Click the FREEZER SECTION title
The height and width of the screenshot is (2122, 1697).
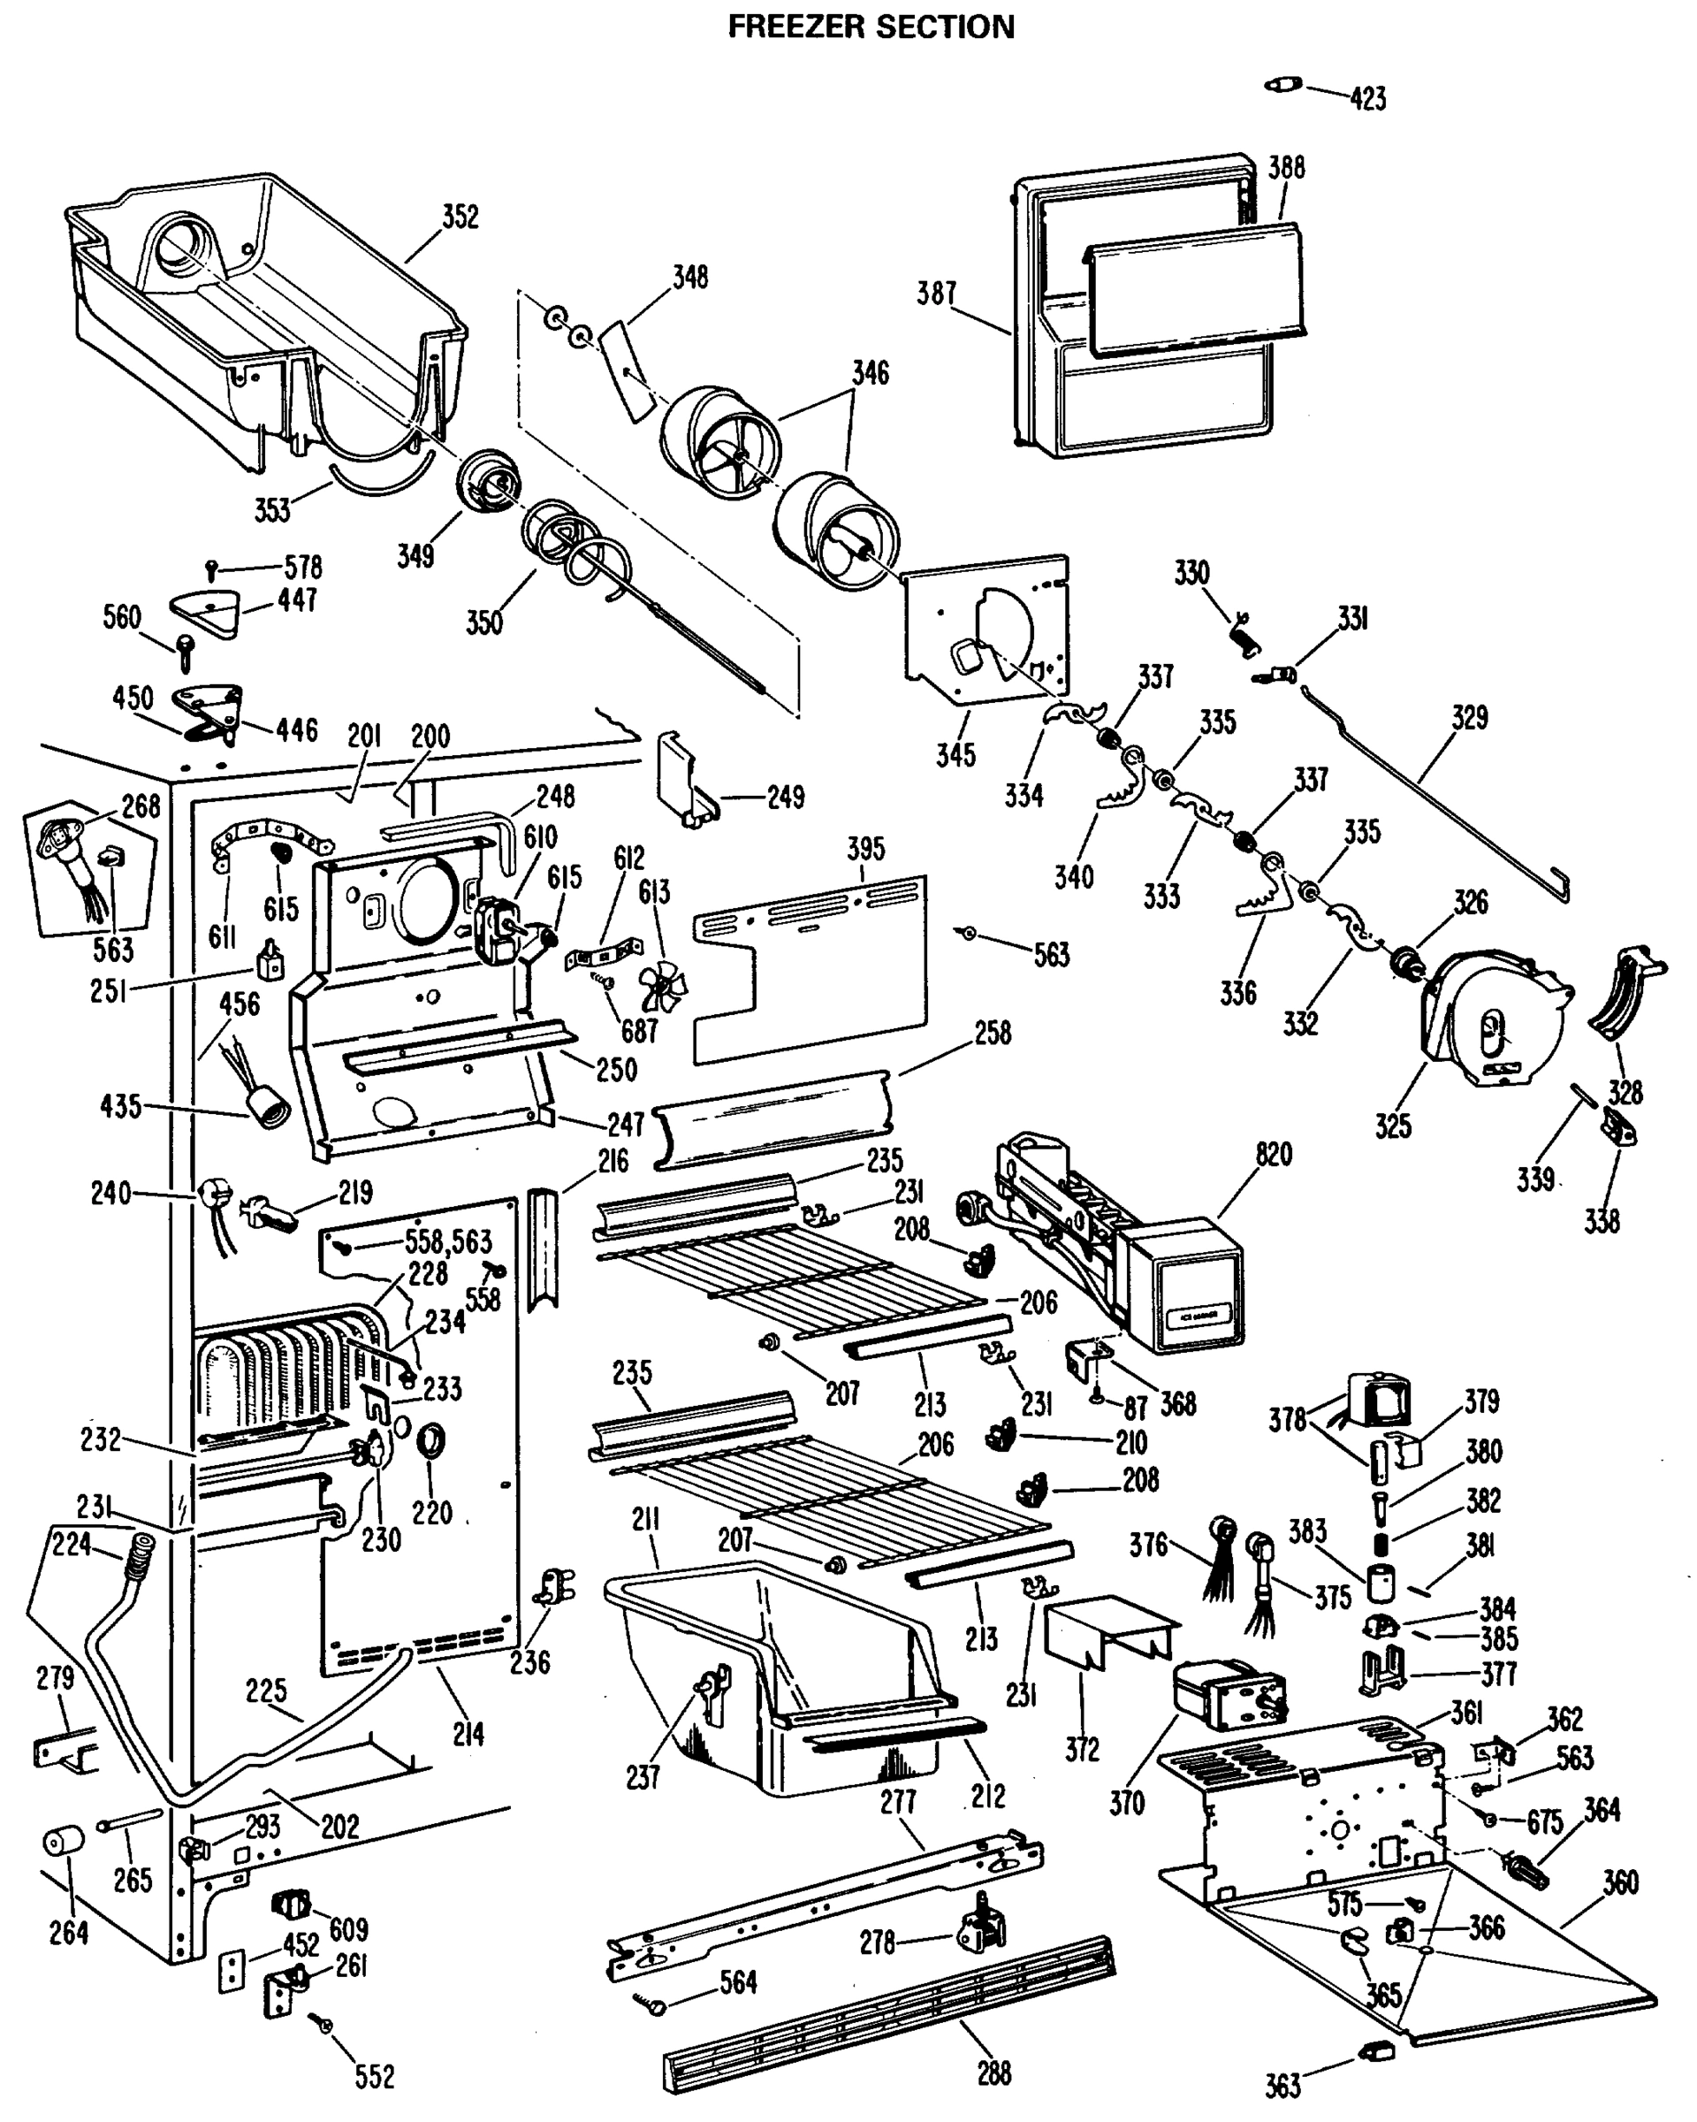[871, 27]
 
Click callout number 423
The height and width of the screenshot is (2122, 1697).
[1367, 98]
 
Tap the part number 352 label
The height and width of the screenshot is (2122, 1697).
[460, 217]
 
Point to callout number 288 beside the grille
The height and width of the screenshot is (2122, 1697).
[993, 2073]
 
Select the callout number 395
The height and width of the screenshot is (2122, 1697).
[865, 849]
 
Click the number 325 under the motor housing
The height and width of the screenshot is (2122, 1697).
[1393, 1126]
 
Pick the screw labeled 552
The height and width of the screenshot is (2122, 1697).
[323, 2025]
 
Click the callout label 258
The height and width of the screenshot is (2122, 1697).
[993, 1033]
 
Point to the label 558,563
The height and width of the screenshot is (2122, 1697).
[449, 1241]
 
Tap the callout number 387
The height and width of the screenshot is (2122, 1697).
[937, 293]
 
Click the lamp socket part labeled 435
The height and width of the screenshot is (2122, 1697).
[268, 1115]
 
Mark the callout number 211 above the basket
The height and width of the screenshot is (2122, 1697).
[645, 1520]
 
